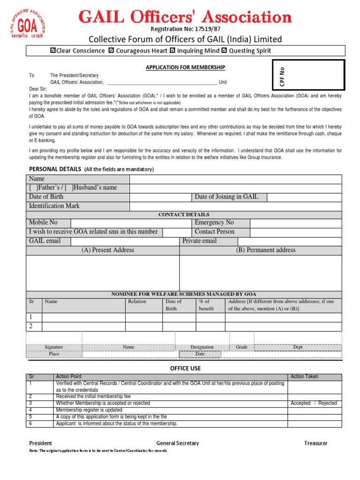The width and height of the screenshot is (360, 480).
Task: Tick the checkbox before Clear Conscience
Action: (x=53, y=51)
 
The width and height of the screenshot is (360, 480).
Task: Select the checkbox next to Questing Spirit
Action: (x=224, y=51)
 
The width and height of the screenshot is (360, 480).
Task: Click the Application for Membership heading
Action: (x=186, y=68)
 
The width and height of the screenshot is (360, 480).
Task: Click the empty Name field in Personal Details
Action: (x=235, y=179)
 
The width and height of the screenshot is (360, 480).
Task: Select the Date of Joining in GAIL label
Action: (x=226, y=197)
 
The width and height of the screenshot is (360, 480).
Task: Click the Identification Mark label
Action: (x=54, y=206)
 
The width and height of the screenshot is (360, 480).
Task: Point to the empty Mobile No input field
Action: (x=131, y=223)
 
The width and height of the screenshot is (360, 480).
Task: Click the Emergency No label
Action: (x=214, y=223)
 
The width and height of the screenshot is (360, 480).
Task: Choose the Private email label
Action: (x=200, y=241)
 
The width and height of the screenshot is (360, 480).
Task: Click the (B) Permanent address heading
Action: (x=266, y=250)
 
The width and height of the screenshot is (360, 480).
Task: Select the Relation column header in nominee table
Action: (x=137, y=301)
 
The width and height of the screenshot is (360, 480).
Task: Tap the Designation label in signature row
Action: (x=202, y=347)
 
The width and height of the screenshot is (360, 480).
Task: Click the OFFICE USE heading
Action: (x=185, y=368)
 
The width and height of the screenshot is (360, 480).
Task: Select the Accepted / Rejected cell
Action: (x=314, y=403)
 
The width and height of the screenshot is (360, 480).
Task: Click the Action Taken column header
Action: (x=304, y=376)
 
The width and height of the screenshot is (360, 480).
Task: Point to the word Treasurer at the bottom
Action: (x=315, y=443)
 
